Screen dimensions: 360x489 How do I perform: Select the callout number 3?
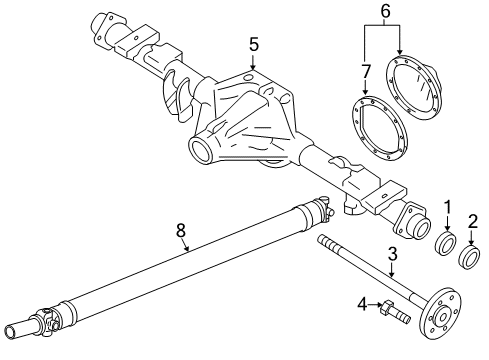392,256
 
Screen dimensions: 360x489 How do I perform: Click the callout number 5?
253,44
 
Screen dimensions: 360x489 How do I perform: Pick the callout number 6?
383,11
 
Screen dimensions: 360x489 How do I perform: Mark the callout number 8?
181,231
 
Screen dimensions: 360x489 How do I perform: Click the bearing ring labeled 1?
446,245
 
